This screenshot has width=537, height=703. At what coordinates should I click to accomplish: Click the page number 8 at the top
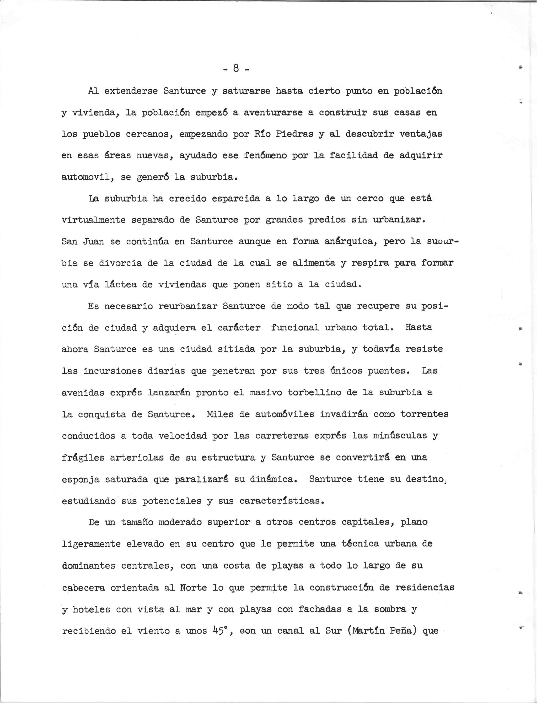(x=236, y=68)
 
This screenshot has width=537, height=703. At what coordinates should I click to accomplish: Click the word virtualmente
(x=93, y=220)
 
